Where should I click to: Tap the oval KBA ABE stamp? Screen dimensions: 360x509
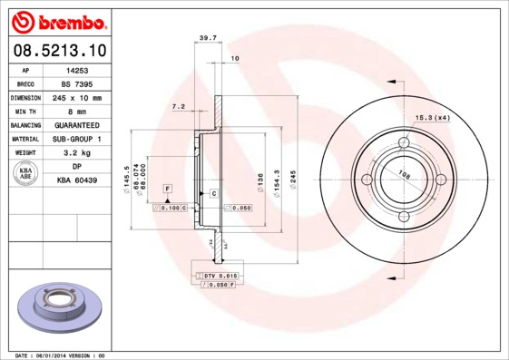(27, 174)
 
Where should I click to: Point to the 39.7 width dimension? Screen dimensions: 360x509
(206, 38)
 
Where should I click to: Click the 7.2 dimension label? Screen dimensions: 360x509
(178, 107)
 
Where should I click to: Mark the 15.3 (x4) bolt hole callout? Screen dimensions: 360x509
(434, 118)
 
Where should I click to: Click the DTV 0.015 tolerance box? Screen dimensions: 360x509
(220, 274)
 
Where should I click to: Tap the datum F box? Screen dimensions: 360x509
(167, 188)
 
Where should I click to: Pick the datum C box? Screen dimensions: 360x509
(213, 194)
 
